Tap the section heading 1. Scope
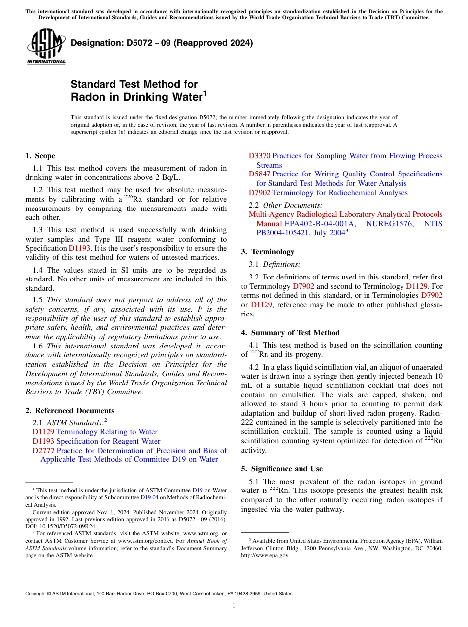coord(40,156)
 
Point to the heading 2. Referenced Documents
coord(69,411)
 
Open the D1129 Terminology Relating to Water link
coord(95,432)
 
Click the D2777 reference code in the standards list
coord(43,451)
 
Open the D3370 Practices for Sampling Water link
coord(345,156)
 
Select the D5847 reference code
coord(259,174)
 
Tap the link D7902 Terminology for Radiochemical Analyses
coord(328,193)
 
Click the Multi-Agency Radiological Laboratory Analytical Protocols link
coord(345,214)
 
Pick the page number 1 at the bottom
coord(234,606)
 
